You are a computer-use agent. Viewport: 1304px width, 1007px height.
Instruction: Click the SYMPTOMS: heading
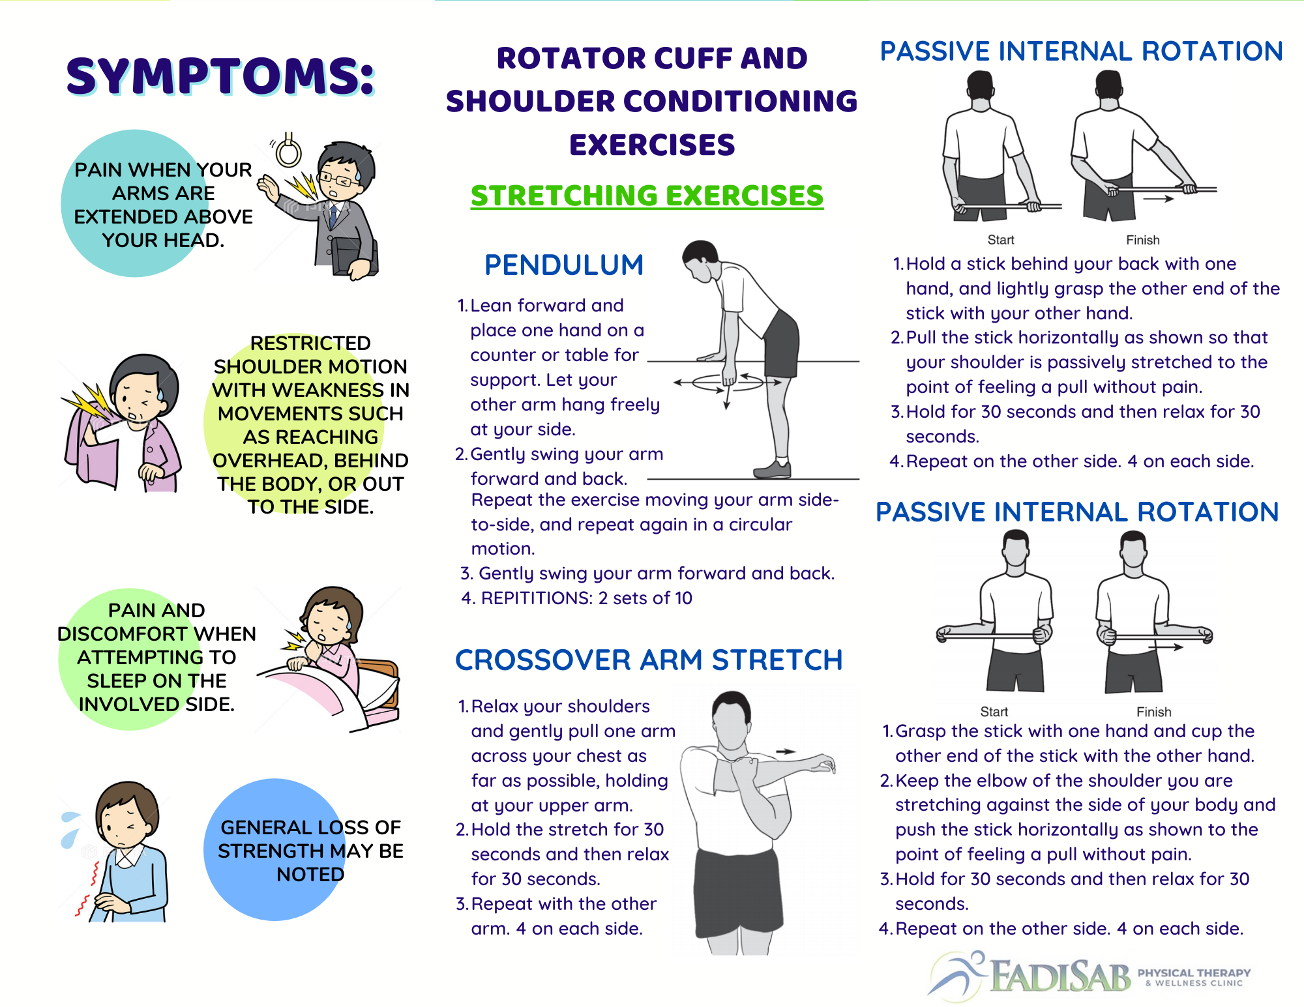(220, 77)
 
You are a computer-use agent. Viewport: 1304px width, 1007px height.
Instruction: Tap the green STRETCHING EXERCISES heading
(647, 196)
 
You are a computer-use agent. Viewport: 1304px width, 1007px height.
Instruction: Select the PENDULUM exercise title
(564, 265)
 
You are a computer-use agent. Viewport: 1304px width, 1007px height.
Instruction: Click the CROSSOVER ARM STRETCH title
(649, 660)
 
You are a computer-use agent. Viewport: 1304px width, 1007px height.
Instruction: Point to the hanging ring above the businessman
(288, 151)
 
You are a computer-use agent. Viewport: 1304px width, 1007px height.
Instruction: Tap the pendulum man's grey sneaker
(773, 469)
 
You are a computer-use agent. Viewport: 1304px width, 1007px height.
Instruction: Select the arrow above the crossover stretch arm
(785, 752)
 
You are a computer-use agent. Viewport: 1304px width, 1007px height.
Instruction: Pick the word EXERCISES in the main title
(652, 145)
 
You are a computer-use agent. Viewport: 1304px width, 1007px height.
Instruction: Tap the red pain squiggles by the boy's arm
(89, 890)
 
